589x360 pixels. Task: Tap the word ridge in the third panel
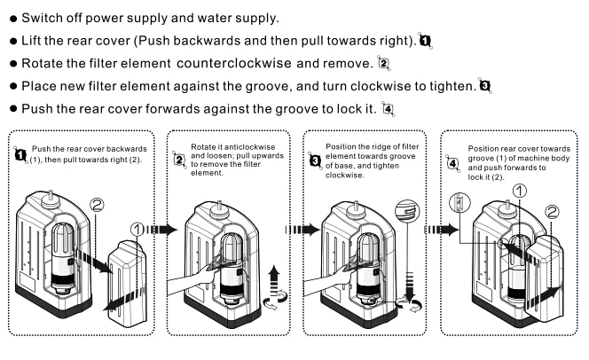coord(375,146)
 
